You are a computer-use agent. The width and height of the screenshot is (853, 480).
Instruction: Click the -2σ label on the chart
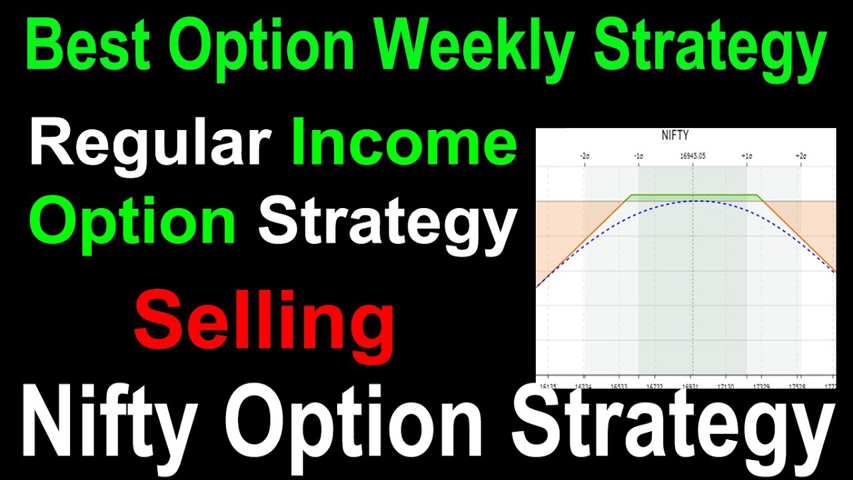point(584,155)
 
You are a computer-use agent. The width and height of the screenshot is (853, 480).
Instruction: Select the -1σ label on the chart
point(638,155)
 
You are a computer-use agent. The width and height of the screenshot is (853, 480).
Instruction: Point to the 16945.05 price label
point(692,155)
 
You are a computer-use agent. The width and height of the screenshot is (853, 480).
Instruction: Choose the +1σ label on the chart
point(746,155)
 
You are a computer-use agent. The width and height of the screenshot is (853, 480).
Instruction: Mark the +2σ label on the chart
point(800,155)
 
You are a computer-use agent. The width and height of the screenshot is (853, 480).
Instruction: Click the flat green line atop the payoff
point(693,195)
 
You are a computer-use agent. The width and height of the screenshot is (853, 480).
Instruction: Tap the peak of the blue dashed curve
point(692,201)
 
